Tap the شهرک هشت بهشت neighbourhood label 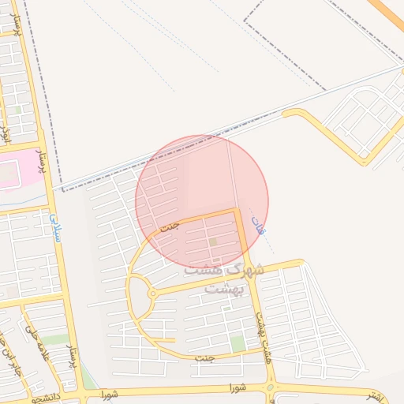[225, 279]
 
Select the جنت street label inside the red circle [170, 226]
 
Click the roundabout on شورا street [271, 388]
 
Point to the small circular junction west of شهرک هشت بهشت [151, 294]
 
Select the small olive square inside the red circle [212, 242]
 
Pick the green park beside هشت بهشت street [238, 343]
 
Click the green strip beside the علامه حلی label [53, 339]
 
